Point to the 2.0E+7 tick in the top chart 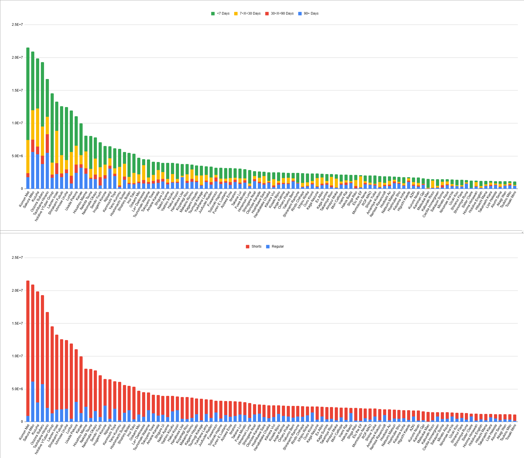pyautogui.click(x=17, y=58)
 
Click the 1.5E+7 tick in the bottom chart pyautogui.click(x=17, y=323)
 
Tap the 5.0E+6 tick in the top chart pyautogui.click(x=17, y=156)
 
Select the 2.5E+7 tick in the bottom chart pyautogui.click(x=17, y=258)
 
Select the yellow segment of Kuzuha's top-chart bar pyautogui.click(x=37, y=127)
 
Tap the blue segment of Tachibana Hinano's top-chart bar pyautogui.click(x=47, y=171)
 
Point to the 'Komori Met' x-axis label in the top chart pyautogui.click(x=25, y=199)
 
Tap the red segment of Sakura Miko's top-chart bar pyautogui.click(x=33, y=146)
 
